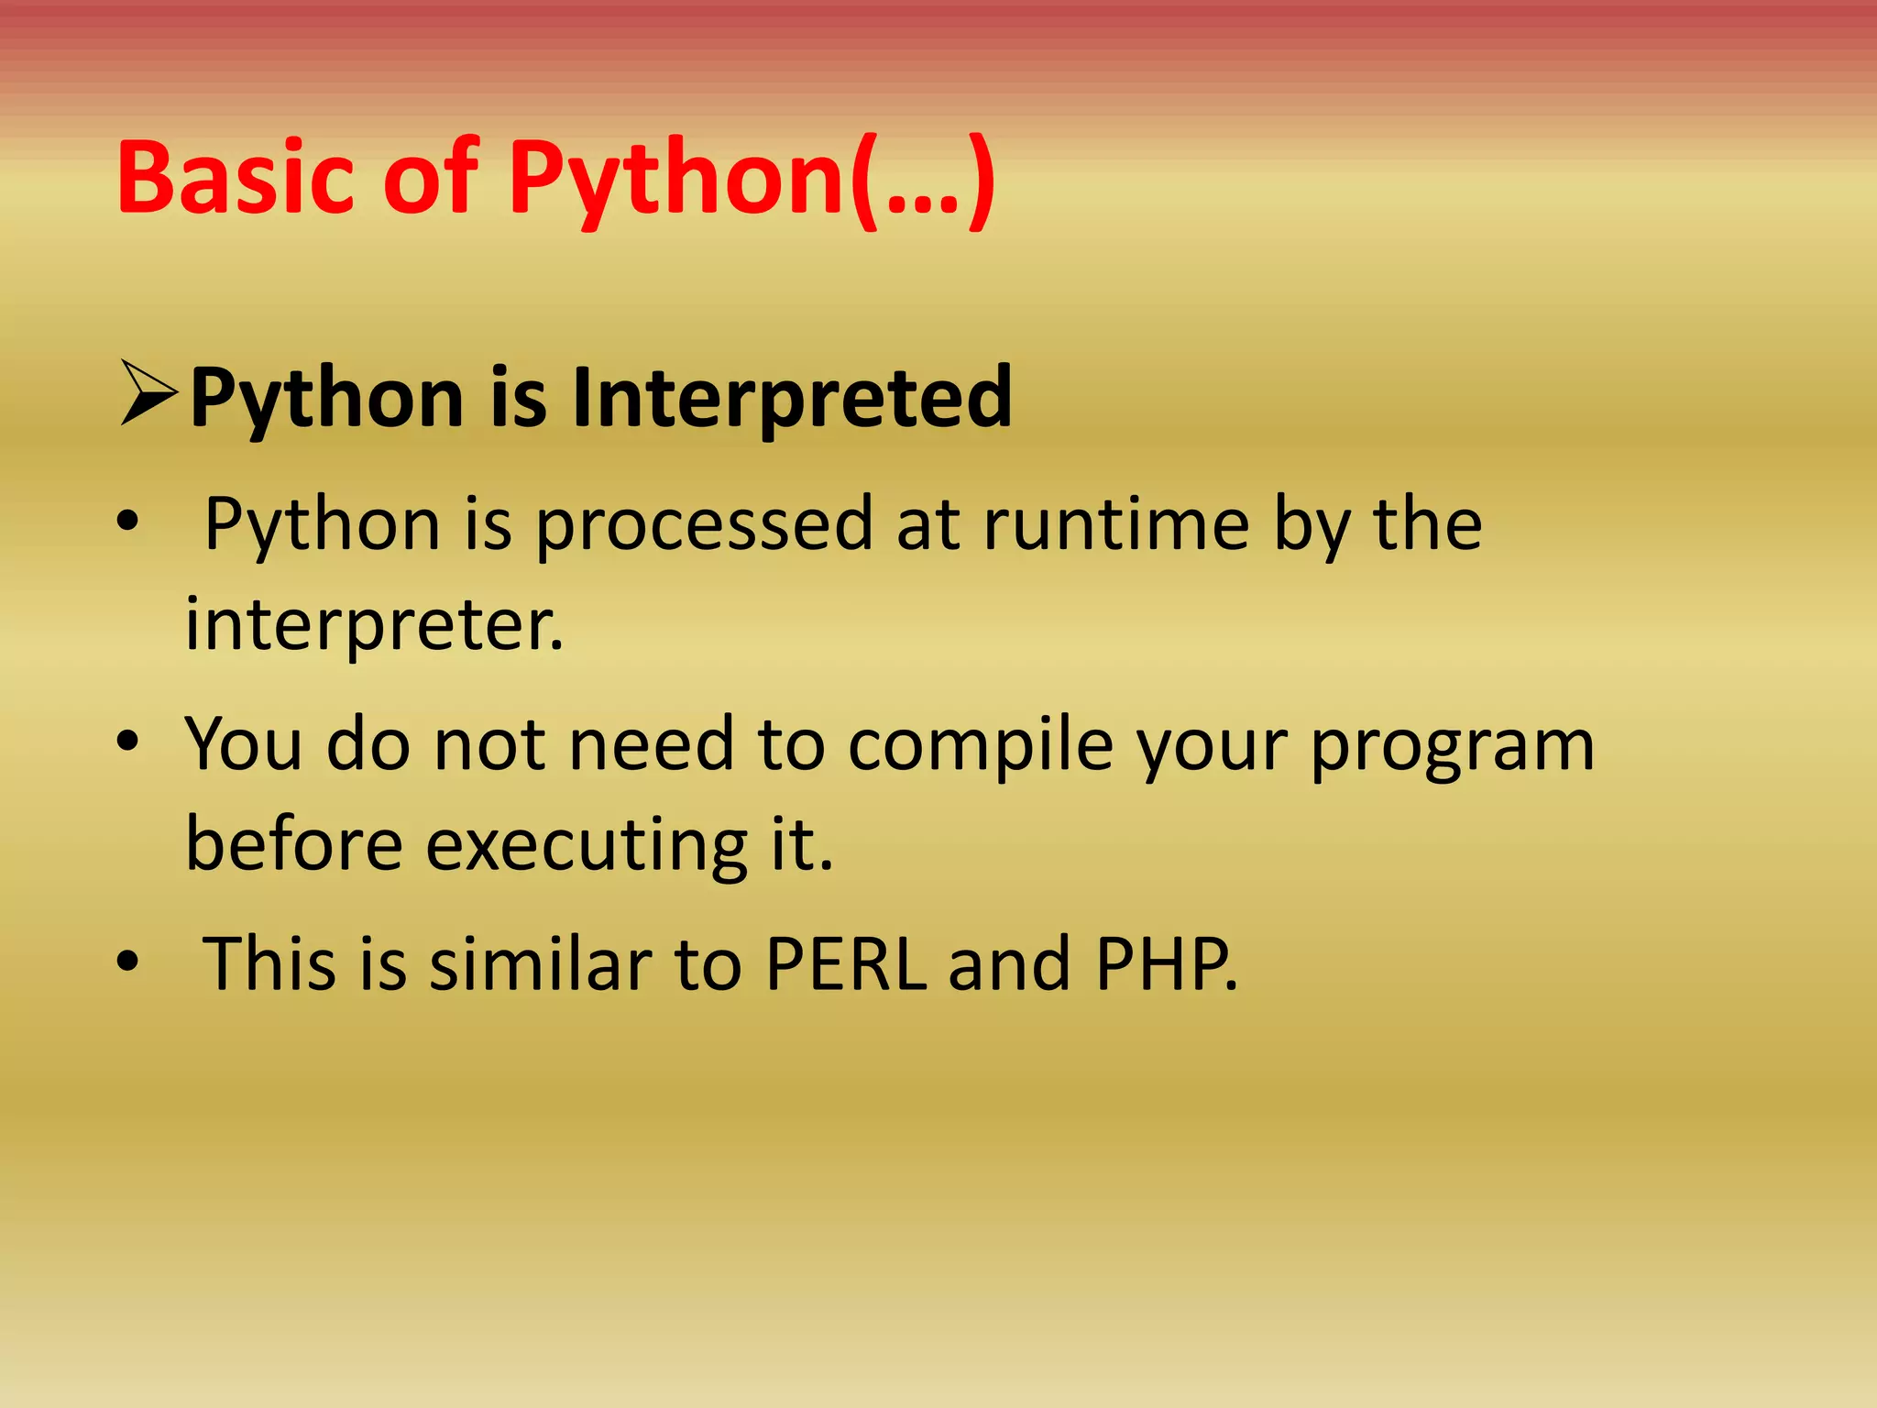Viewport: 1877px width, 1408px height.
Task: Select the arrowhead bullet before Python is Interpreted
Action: point(148,395)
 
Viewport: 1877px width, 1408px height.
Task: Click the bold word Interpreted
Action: point(792,399)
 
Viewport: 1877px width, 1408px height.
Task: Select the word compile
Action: point(980,745)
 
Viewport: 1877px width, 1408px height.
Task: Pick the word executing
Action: point(587,844)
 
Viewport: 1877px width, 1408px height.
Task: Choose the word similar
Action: point(540,964)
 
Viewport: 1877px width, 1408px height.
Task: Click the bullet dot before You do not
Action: point(127,741)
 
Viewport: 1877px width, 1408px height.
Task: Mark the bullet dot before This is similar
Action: point(127,961)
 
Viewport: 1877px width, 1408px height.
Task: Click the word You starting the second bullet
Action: point(243,743)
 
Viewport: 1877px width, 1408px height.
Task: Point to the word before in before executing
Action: point(293,844)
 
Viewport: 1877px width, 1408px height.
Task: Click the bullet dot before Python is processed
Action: point(127,521)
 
